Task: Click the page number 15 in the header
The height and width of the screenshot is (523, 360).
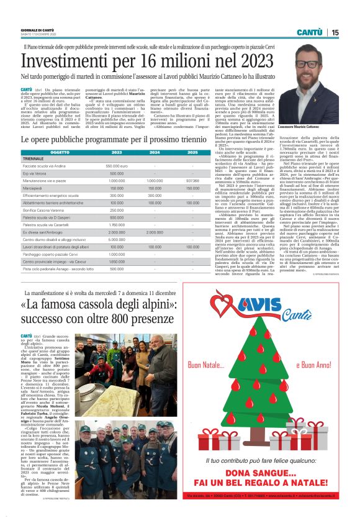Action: pos(335,32)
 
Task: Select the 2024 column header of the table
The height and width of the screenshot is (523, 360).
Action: pos(155,152)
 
